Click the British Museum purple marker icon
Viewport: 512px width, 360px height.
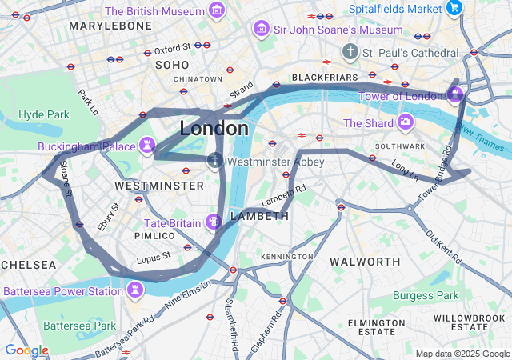coord(215,11)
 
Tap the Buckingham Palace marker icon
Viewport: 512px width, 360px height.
coord(146,146)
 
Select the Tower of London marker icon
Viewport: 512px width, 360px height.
coord(455,96)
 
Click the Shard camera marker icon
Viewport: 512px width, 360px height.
coord(406,123)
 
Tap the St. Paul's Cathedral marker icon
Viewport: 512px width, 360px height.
coord(350,52)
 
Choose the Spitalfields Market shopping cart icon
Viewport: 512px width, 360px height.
coord(454,9)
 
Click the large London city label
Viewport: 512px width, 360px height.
coord(214,128)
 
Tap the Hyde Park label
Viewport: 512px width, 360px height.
coord(44,114)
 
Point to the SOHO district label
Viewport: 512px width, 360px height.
coord(172,65)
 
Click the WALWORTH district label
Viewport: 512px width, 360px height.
coord(365,262)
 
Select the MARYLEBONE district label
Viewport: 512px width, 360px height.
coord(110,26)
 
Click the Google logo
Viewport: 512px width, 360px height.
coord(26,350)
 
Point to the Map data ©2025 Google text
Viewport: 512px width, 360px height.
coord(462,354)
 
